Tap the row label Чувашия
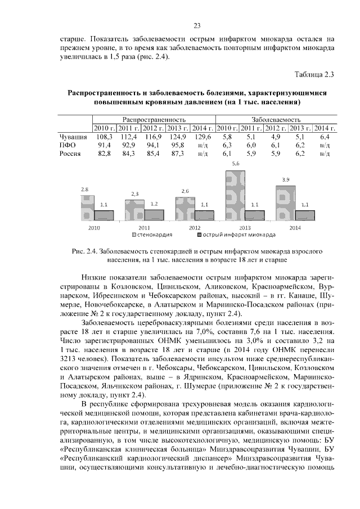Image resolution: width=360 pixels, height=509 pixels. tap(73, 137)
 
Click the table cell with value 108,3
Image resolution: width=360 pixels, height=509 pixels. tap(104, 137)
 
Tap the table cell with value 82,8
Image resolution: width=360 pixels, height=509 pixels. tap(104, 153)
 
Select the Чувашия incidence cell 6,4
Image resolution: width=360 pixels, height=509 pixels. tap(324, 137)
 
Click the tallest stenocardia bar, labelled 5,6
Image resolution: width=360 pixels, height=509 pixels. tap(236, 193)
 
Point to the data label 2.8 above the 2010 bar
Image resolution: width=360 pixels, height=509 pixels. tap(84, 190)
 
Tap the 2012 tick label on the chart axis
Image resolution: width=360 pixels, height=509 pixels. tap(194, 228)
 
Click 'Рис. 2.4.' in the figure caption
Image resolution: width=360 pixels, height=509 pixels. tap(85, 252)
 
